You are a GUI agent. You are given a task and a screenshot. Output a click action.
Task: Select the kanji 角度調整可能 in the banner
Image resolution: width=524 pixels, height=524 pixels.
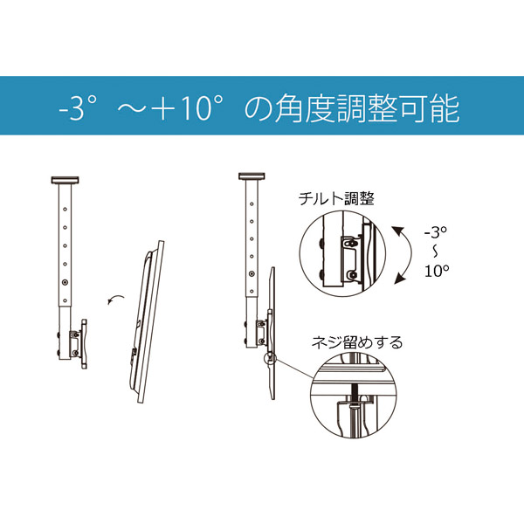(367, 108)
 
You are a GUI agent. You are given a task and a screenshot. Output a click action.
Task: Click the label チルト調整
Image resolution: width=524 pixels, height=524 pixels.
(336, 198)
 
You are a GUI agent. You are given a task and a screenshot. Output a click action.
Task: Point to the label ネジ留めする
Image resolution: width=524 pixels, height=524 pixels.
(357, 343)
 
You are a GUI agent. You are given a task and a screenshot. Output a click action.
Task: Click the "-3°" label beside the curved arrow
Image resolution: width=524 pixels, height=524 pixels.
(436, 232)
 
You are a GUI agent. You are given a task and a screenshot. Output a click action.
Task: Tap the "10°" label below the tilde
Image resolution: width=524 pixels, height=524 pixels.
(437, 271)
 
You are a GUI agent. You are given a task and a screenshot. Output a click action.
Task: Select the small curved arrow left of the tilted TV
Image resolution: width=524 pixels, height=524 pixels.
(115, 298)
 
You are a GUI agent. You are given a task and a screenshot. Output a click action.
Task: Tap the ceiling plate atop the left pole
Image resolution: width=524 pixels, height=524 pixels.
(65, 180)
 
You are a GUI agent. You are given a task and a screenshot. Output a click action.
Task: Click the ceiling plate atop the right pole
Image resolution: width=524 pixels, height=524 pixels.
(252, 176)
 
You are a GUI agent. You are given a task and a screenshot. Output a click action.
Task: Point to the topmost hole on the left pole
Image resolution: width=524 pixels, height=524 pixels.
(65, 210)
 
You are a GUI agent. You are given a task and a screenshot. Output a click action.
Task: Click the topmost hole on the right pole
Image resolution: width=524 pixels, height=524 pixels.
(252, 203)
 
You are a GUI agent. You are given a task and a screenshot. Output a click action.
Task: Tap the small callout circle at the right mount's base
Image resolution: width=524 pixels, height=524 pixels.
(270, 359)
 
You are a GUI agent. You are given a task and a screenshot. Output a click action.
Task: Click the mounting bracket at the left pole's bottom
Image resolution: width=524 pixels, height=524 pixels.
(78, 344)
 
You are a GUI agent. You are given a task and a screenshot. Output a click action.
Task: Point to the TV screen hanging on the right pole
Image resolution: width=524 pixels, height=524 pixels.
(271, 333)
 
